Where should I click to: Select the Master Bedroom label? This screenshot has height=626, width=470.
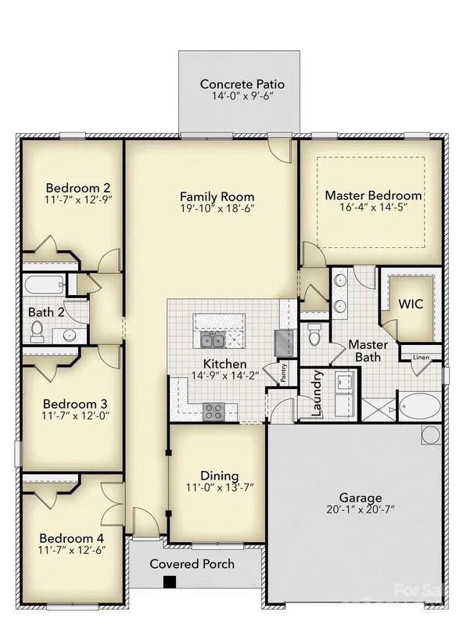373,196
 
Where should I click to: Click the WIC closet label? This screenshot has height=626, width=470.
411,304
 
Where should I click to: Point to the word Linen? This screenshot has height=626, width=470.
421,358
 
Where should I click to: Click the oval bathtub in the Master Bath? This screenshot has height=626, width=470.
420,408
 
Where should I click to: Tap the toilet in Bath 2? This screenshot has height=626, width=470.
37,332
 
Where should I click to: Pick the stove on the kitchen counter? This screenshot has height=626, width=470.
213,412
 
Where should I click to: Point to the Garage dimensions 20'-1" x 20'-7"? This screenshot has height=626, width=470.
360,509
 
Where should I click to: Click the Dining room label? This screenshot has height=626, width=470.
220,476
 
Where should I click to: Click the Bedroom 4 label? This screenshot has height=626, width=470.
72,538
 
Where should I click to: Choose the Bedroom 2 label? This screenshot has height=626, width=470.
77,188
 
